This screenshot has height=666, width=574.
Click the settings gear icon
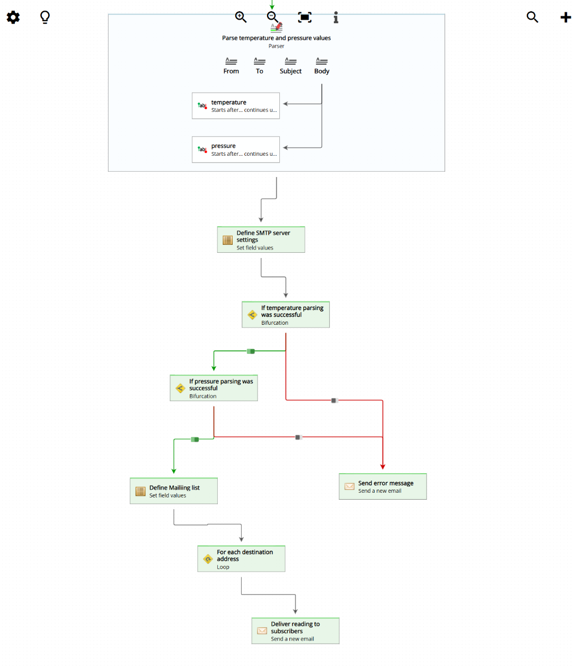[x=13, y=17]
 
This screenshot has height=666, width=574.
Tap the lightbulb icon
[x=45, y=17]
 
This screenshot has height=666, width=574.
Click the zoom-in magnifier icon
[x=241, y=17]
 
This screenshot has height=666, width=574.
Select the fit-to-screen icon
[x=305, y=17]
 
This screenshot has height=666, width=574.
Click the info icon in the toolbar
[x=335, y=17]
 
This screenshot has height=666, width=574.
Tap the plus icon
[x=566, y=17]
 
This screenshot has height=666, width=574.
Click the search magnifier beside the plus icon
[x=532, y=17]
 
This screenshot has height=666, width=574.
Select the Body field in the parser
[x=322, y=66]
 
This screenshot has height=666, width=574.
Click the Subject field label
[x=290, y=71]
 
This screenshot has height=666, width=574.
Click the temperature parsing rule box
[x=236, y=106]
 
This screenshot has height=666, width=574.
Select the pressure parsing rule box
[x=236, y=149]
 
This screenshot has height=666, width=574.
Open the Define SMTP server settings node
[x=261, y=240]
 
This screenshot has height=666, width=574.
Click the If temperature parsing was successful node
[x=286, y=315]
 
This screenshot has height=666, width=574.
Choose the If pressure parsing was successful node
[x=214, y=388]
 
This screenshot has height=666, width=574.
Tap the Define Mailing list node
[x=174, y=491]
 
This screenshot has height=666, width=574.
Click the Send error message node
[x=383, y=486]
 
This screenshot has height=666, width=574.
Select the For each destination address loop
[x=241, y=559]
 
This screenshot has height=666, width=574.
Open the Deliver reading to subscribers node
[x=295, y=631]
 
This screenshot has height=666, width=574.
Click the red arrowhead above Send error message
[x=383, y=467]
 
